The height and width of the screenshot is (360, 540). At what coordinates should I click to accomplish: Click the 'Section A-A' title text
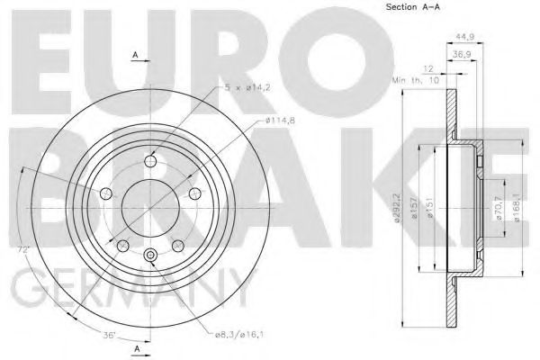coord(412,6)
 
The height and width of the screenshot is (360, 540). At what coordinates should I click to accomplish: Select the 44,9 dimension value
coord(465,36)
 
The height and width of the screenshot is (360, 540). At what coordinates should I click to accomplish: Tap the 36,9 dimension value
coord(463,54)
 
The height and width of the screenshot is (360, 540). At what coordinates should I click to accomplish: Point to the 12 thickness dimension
coord(427,69)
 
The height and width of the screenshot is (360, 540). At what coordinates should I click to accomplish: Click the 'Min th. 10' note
coord(416,80)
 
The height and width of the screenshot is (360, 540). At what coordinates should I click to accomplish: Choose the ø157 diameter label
coord(414,207)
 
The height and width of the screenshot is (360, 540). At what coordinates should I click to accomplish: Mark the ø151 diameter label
coord(430,207)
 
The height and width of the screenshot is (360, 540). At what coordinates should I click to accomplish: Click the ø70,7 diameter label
coord(499,209)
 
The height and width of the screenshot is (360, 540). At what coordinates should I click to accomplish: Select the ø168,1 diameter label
coord(517,207)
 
